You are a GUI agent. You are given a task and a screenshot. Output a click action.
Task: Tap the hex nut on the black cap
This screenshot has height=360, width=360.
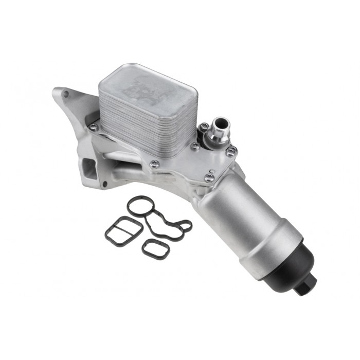point(305,286)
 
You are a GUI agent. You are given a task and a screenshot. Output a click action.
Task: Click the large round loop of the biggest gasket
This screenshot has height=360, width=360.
point(140,207)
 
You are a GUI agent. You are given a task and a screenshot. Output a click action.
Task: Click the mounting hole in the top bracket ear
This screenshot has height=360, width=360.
point(65,95)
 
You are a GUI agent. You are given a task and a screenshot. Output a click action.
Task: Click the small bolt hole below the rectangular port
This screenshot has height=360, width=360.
point(105,184)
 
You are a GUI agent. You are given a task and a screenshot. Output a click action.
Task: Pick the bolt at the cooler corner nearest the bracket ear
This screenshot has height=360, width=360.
point(93,127)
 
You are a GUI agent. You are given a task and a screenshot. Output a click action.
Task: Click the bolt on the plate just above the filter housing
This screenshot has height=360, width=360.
point(209,177)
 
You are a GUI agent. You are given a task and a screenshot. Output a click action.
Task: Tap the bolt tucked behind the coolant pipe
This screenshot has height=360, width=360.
point(204,127)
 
